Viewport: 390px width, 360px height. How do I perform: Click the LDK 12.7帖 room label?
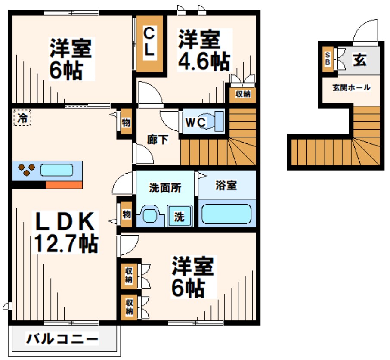65,233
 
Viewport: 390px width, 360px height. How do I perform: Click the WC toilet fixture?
218,120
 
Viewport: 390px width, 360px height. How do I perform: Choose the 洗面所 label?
165,188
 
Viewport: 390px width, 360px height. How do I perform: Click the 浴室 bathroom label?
226,186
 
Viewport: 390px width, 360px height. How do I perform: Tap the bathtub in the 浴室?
226,213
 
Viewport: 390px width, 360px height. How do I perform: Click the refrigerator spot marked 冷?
22,118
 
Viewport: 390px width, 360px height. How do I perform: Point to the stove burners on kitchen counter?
26,170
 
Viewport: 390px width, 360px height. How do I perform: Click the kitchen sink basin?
56,170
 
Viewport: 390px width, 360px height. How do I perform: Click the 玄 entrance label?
359,60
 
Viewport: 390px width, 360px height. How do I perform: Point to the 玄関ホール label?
351,88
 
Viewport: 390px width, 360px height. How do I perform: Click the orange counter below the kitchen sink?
64,185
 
